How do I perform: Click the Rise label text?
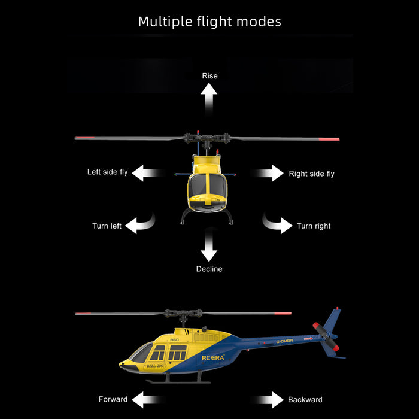[x=209, y=76]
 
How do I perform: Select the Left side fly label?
[x=108, y=172]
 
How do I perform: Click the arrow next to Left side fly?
[x=147, y=174]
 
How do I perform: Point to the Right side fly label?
[x=311, y=174]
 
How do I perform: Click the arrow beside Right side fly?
[x=269, y=174]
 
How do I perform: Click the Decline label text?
[x=209, y=269]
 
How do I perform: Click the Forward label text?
[x=113, y=399]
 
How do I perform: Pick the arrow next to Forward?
[x=147, y=400]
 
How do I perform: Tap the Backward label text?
[x=305, y=399]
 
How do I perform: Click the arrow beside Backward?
[x=269, y=400]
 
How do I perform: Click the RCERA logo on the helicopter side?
[x=213, y=357]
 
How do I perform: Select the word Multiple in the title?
[x=165, y=22]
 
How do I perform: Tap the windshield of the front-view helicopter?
[x=209, y=186]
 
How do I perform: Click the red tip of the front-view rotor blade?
[x=330, y=139]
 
